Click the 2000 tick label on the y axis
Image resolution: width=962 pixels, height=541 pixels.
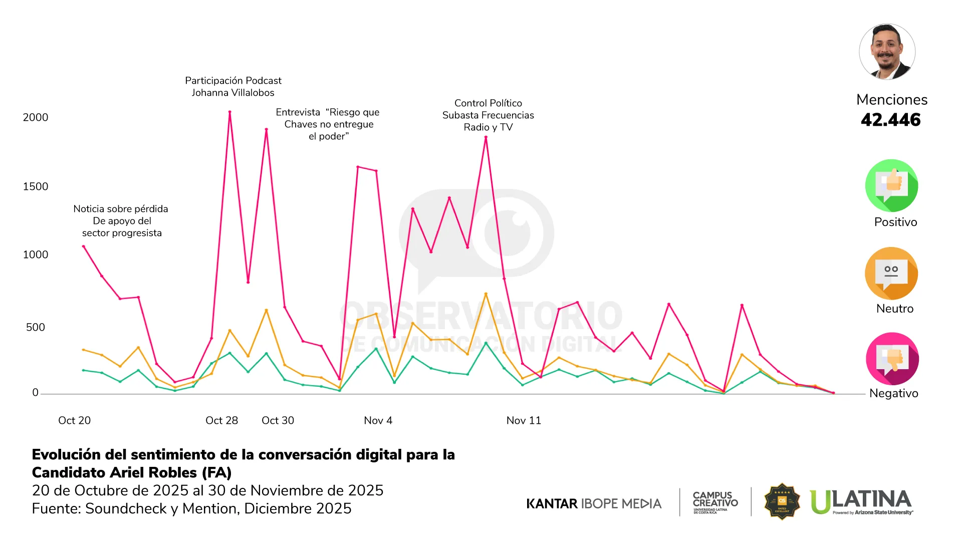[x=36, y=117]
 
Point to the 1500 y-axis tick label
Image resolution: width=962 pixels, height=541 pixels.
[x=36, y=186]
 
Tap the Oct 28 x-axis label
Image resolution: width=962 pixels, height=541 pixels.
[x=221, y=420]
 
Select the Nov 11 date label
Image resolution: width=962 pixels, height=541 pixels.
[x=524, y=420]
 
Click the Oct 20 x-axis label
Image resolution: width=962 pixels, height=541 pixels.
[x=74, y=420]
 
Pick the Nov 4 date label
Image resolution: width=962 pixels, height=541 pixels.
[x=378, y=420]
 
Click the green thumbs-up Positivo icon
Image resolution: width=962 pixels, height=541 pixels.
[x=891, y=185]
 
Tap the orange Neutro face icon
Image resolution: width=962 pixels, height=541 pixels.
[x=891, y=274]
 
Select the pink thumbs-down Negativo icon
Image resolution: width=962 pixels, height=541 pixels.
[x=892, y=359]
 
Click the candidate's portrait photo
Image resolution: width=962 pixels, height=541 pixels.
[x=887, y=52]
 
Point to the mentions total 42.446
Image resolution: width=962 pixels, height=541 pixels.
[x=891, y=120]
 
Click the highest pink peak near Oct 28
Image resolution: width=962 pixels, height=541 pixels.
[x=229, y=112]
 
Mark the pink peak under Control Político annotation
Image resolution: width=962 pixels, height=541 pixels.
[x=486, y=137]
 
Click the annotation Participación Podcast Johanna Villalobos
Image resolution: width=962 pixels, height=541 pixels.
[x=233, y=87]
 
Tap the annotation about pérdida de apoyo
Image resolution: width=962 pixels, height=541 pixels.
[x=121, y=221]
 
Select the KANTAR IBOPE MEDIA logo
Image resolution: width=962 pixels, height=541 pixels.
[x=594, y=503]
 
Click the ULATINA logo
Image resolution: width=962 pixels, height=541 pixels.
[x=861, y=501]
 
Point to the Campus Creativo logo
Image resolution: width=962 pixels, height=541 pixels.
[x=715, y=501]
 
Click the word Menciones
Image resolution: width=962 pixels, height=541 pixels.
[x=891, y=100]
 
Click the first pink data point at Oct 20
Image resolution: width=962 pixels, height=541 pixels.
[x=84, y=246]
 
